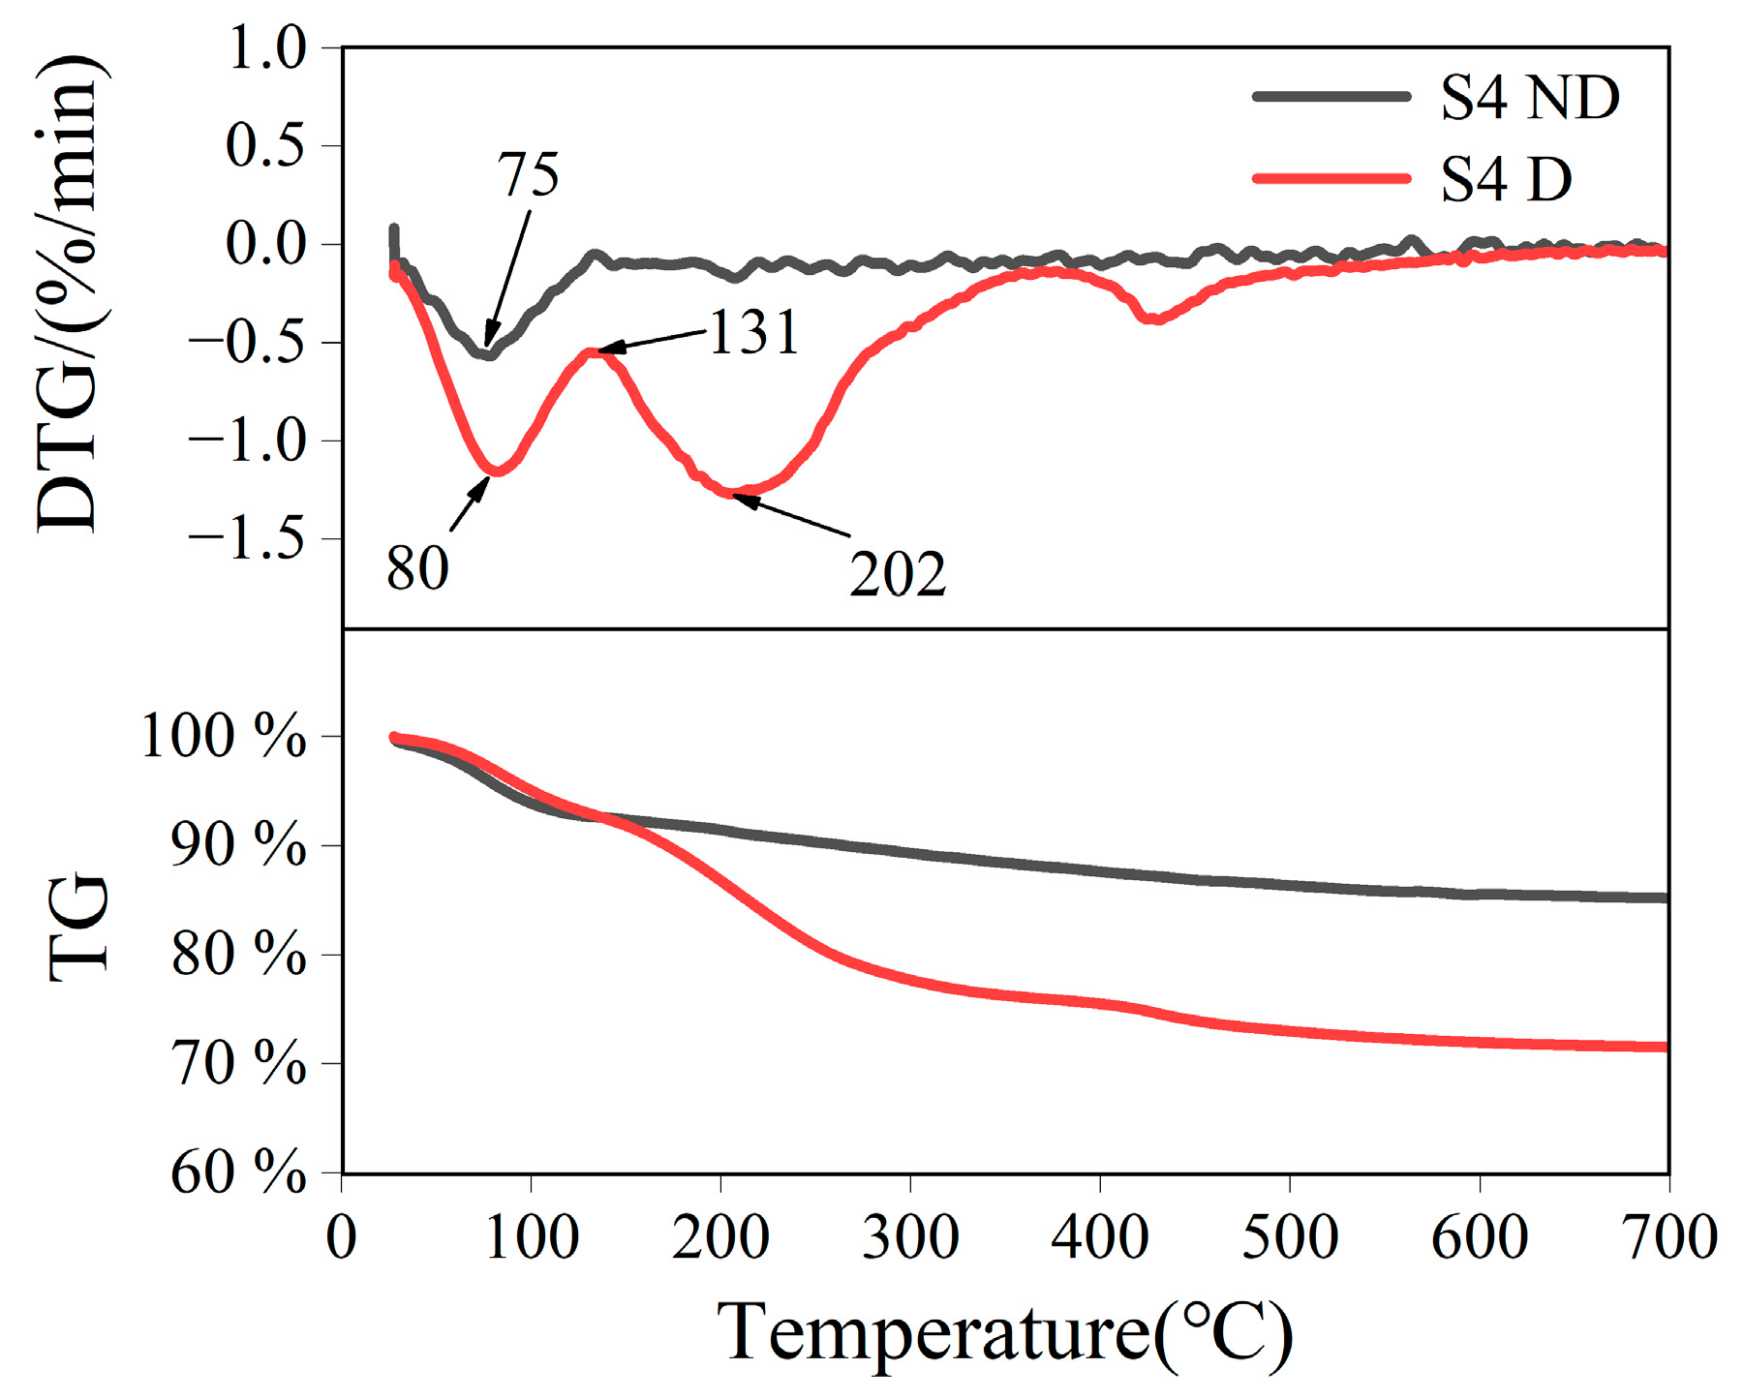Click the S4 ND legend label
[x=1529, y=98]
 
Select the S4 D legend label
[x=1506, y=180]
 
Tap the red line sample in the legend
[x=1331, y=178]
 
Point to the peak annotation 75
[x=528, y=175]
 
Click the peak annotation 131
[x=753, y=332]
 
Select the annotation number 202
[x=897, y=574]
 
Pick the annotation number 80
[x=417, y=568]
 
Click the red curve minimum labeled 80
[x=496, y=471]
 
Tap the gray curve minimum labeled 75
[x=488, y=354]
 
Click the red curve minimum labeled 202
[x=734, y=493]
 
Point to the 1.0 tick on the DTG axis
[x=266, y=48]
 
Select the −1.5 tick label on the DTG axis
[x=247, y=539]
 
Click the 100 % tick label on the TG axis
[x=224, y=737]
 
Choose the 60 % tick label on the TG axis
[x=238, y=1172]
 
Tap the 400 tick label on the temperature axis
[x=1100, y=1238]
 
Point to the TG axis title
[x=77, y=927]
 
